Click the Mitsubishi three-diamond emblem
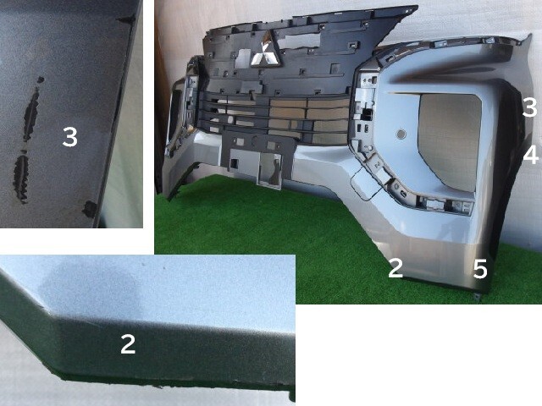[265, 49]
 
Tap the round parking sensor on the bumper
[401, 134]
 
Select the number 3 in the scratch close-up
[69, 136]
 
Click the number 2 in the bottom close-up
[128, 344]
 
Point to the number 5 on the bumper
[480, 269]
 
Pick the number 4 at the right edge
[531, 154]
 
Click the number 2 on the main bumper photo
[395, 267]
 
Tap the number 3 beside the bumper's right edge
[530, 107]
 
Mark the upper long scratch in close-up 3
[31, 115]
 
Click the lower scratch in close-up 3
[20, 178]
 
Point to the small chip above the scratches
[41, 80]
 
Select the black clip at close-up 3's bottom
[90, 209]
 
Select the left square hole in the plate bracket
[234, 163]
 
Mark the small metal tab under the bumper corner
[477, 297]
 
